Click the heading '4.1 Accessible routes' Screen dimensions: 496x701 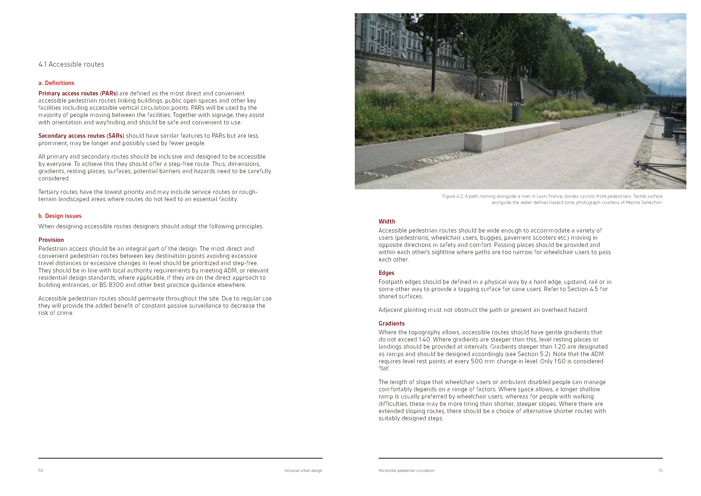[71, 64]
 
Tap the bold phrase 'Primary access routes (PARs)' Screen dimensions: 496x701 [78, 93]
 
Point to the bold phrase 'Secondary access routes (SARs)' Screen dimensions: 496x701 [81, 136]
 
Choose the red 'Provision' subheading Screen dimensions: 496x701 [51, 240]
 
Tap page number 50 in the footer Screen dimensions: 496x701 [41, 470]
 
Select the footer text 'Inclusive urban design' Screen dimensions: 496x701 [303, 470]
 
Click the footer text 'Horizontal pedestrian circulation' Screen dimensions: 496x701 [406, 470]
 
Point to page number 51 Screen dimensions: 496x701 [660, 470]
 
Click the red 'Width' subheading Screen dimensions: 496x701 [387, 222]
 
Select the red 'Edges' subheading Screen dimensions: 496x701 [386, 273]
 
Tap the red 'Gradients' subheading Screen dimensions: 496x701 [391, 323]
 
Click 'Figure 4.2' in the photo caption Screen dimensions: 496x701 [453, 196]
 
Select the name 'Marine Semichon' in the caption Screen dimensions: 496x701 [644, 202]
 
